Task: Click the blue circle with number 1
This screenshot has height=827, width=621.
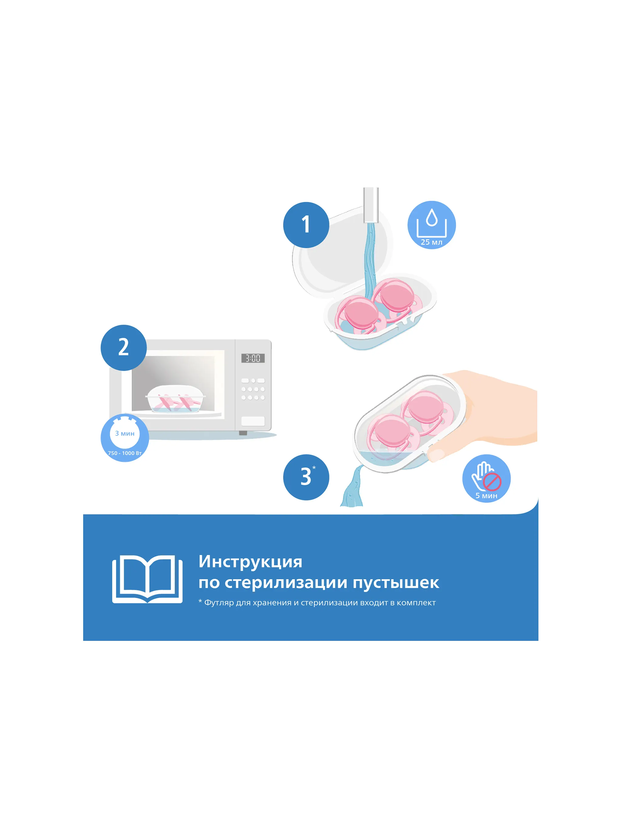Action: coord(306,225)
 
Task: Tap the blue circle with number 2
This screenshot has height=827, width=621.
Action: coord(124,347)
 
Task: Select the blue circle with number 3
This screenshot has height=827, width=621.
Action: coord(306,477)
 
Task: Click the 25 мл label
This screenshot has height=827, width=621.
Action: coord(431,242)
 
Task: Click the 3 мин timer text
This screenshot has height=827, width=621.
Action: coord(125,433)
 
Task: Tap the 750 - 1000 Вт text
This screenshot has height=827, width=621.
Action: coord(125,453)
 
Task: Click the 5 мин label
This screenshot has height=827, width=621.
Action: coord(486,496)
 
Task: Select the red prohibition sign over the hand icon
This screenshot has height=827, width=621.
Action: coord(492,481)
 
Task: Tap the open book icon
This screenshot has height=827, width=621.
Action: coord(147,579)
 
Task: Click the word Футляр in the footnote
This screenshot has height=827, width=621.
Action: coord(219,603)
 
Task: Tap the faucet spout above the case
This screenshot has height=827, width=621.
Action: coord(371,205)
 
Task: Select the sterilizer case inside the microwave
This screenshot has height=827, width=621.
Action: coord(175,399)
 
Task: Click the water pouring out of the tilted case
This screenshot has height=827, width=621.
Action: coord(353,486)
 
